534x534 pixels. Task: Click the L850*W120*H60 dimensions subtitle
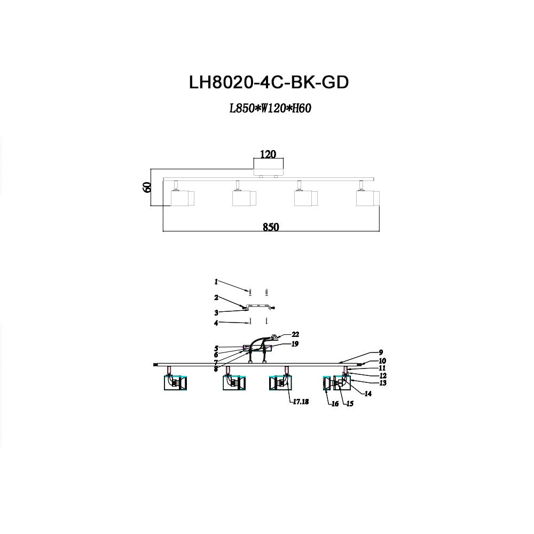point(270,109)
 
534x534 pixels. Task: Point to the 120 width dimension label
point(268,154)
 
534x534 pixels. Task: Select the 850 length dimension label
point(271,226)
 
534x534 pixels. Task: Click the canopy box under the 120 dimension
point(268,167)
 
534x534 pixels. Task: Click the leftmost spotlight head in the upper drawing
point(182,198)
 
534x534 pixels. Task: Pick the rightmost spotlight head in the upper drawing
point(367,198)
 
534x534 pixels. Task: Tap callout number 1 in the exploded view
point(216,281)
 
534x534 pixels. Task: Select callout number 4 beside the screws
point(216,323)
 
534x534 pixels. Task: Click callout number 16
point(335,404)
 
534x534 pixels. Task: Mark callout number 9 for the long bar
point(381,352)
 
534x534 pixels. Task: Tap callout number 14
point(368,394)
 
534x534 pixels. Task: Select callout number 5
point(217,348)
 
